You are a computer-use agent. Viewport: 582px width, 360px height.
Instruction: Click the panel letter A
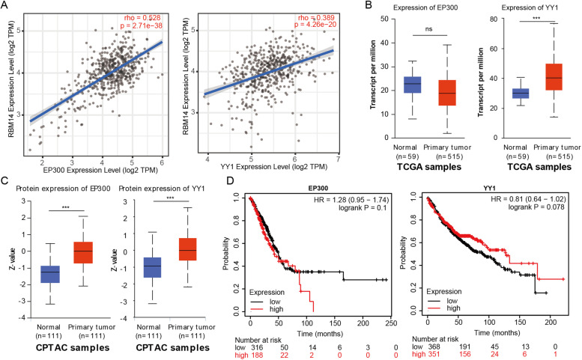[x=5, y=6]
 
